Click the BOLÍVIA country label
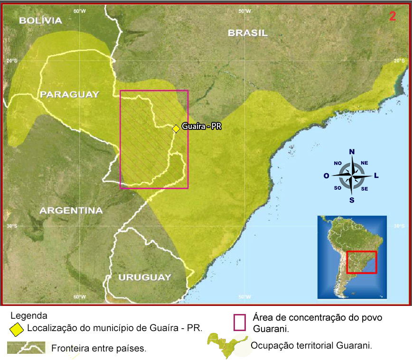tap(40, 20)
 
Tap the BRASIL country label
tap(247, 33)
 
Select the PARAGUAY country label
tap(69, 94)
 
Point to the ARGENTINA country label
tap(71, 210)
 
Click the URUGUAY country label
tap(144, 277)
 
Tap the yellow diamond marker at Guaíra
tap(176, 128)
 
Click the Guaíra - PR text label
tap(202, 127)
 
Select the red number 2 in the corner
tap(393, 16)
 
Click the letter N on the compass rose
tap(352, 152)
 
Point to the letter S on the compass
tap(352, 200)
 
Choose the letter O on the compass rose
tap(326, 176)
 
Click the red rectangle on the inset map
tap(361, 262)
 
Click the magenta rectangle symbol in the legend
tap(240, 322)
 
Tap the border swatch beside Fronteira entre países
tap(26, 348)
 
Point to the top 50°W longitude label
tap(244, 11)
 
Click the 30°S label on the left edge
tap(12, 226)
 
